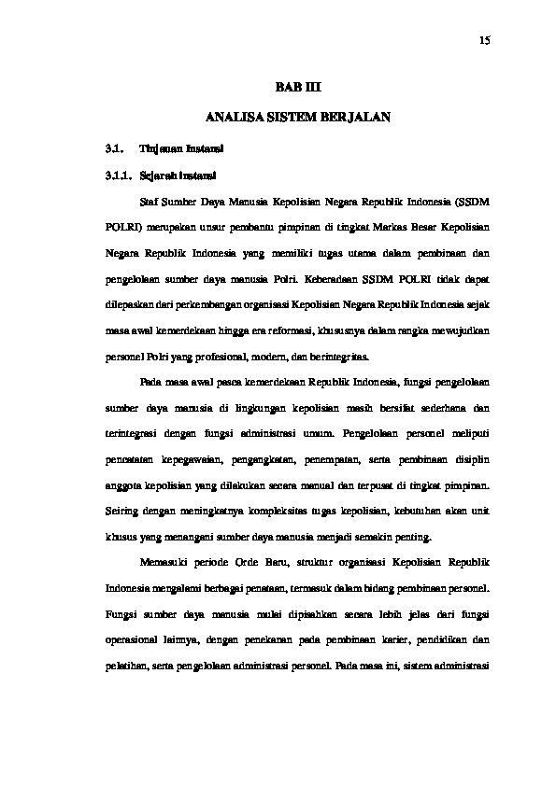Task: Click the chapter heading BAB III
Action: click(296, 87)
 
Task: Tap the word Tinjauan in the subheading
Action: click(158, 148)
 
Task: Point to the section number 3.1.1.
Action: click(116, 174)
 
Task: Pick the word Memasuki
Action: click(164, 564)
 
